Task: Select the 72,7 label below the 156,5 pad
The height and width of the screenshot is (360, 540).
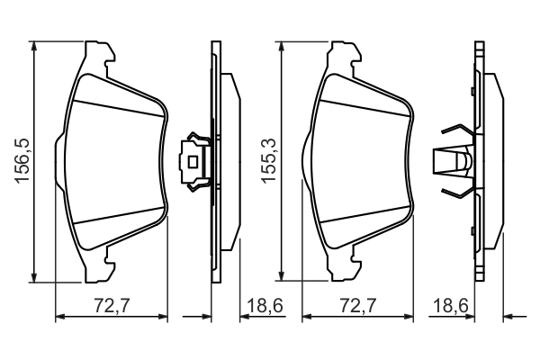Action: (113, 307)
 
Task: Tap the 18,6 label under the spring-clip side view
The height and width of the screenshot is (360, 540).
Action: (451, 307)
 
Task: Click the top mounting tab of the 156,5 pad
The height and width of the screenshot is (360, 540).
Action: (97, 51)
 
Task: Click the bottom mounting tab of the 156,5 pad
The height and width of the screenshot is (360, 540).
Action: (97, 269)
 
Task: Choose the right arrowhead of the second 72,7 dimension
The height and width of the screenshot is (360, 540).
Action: (410, 317)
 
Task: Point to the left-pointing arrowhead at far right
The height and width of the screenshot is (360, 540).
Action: (508, 317)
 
